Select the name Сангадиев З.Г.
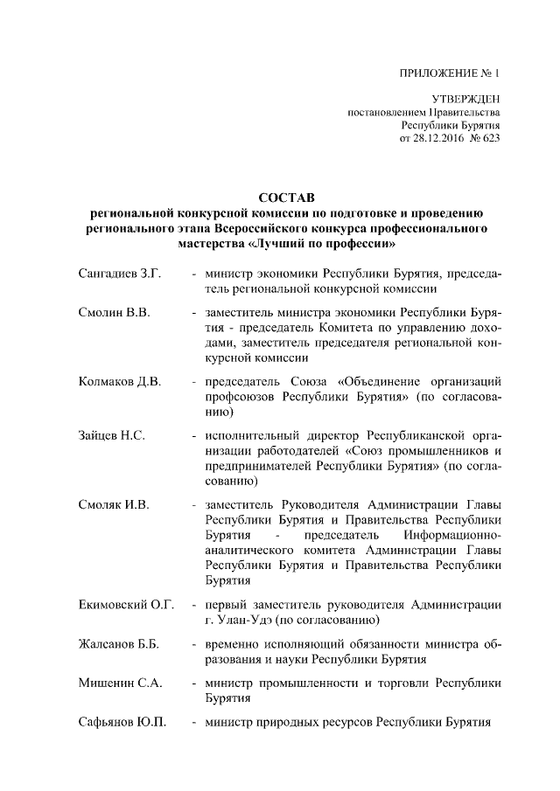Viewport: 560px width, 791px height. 119,274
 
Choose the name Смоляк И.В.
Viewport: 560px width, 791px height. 114,504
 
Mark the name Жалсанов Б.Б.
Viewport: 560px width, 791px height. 118,644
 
